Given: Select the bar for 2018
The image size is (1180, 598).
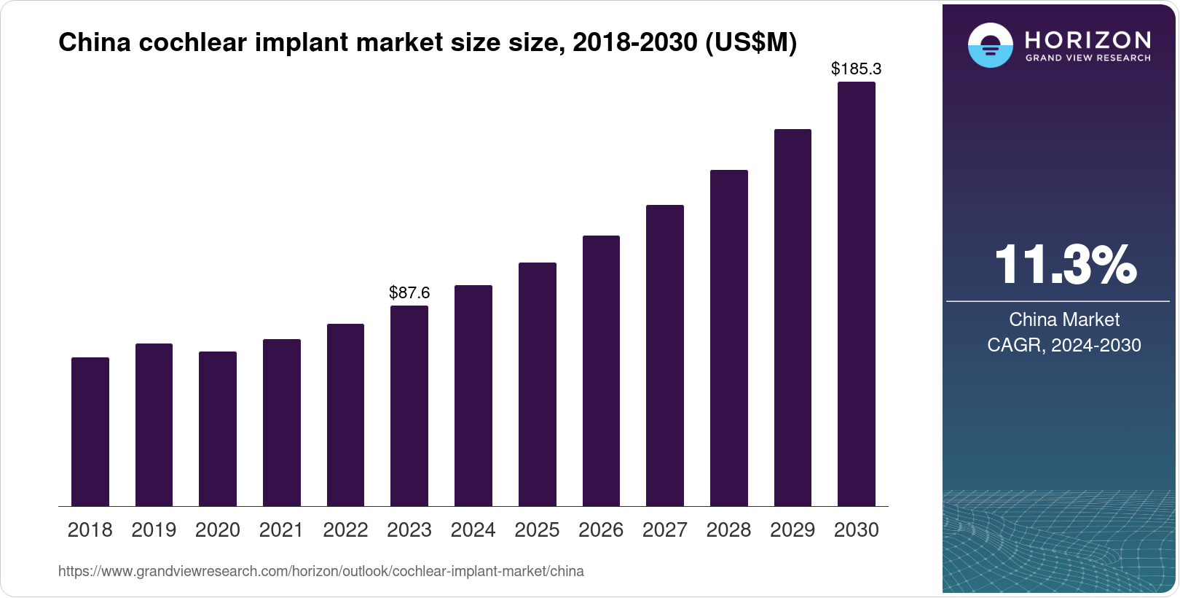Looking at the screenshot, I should tap(90, 432).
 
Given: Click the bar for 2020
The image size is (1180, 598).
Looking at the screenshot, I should tap(218, 429).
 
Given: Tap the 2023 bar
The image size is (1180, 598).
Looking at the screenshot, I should tap(409, 405).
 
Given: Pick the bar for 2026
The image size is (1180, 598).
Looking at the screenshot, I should tap(601, 370).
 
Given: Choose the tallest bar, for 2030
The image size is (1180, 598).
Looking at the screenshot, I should tap(857, 294).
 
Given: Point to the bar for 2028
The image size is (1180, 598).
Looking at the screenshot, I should tap(729, 338).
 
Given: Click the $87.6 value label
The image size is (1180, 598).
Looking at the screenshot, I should tap(409, 293).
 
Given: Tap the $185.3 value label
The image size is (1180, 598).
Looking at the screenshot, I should tap(857, 69).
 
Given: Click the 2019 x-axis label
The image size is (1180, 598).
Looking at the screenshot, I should tap(154, 530).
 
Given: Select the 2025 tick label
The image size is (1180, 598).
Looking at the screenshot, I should tap(537, 530).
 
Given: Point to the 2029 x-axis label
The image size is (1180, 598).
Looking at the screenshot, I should tap(792, 530).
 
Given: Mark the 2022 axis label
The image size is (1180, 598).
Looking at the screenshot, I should tap(345, 530).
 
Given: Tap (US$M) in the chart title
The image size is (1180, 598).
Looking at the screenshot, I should tap(751, 42).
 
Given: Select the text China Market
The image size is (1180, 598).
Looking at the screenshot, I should tap(1064, 319).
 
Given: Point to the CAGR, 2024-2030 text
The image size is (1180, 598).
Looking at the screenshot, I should tap(1064, 345).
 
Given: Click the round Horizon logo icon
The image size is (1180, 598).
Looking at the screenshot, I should tap(990, 46).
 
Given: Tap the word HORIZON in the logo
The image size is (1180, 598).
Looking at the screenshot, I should tap(1087, 39).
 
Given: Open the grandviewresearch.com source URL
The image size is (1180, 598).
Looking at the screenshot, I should tap(321, 572).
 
